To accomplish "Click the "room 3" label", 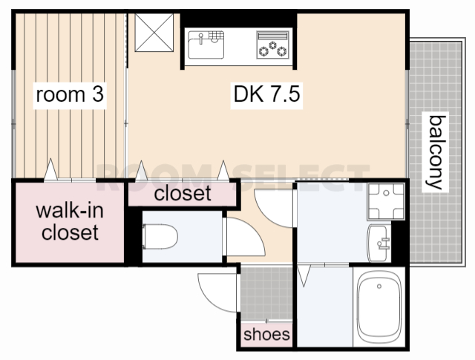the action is tap(70, 94).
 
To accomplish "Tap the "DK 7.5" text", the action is tap(266, 94).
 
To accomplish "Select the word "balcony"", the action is tap(436, 152).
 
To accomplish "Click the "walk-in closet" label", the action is tap(70, 221).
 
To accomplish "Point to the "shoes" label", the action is tap(266, 334).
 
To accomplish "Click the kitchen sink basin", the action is tap(206, 45).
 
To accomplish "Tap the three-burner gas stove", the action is tap(272, 45).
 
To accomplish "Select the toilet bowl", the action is tap(160, 237).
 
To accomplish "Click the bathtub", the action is tap(379, 307).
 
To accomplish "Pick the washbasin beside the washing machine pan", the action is tap(378, 243).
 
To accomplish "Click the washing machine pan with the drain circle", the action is tap(386, 201).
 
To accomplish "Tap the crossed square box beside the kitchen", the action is tap(154, 33).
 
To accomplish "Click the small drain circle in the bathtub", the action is tap(379, 286).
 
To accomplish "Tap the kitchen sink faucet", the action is tap(200, 39).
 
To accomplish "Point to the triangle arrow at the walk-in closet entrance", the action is tap(50, 169).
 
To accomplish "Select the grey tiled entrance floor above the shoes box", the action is tap(266, 293).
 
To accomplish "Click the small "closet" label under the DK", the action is tap(183, 193).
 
